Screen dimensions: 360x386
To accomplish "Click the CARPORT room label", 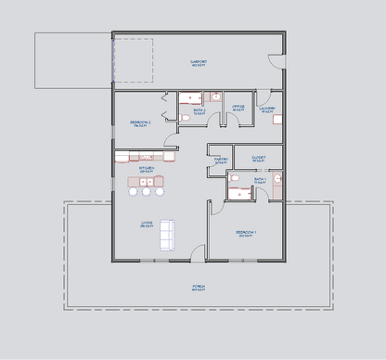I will click(x=198, y=62).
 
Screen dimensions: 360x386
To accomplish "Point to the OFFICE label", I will click(x=238, y=107).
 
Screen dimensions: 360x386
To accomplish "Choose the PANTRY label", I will click(x=221, y=160).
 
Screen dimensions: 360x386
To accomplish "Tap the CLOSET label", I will click(x=258, y=159).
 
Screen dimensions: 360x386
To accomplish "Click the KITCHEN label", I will click(x=147, y=169).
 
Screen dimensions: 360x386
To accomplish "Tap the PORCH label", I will click(x=198, y=288).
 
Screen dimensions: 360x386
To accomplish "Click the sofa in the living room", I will click(x=167, y=234).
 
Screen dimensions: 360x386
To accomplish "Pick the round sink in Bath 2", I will click(x=215, y=96).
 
